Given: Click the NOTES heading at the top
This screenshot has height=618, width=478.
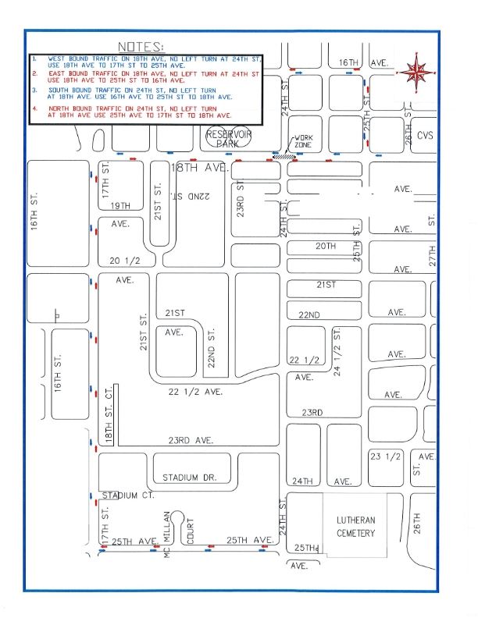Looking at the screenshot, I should tap(141, 47).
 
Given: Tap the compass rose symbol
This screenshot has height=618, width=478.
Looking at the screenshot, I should tap(416, 73).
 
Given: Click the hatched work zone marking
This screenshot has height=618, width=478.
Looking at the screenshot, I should tap(286, 156).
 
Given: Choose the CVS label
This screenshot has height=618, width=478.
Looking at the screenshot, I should tap(425, 135).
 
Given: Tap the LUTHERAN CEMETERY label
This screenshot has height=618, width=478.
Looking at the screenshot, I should tap(356, 527).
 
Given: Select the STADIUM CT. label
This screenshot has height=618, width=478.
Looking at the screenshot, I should tap(127, 495).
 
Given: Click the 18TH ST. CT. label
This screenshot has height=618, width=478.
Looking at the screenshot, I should tap(110, 415).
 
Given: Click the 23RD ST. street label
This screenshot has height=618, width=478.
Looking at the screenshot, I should tap(242, 199).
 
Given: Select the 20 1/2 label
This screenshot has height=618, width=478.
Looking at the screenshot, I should tap(115, 261).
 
